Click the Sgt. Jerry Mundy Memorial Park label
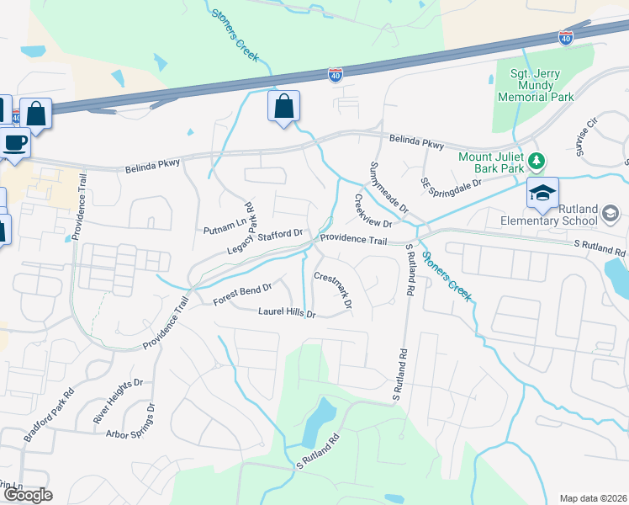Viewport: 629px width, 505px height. pos(536,85)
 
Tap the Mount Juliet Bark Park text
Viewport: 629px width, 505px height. pos(491,165)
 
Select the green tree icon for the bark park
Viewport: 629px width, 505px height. pos(535,160)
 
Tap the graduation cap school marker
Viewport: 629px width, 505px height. pos(542,193)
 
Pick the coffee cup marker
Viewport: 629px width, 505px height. pos(14,141)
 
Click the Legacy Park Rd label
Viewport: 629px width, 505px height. pos(240,227)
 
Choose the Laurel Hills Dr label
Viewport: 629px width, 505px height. pos(285,313)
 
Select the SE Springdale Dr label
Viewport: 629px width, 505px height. pos(452,183)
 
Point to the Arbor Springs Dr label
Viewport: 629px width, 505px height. pos(131,422)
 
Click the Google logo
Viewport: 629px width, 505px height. pos(28,495)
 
